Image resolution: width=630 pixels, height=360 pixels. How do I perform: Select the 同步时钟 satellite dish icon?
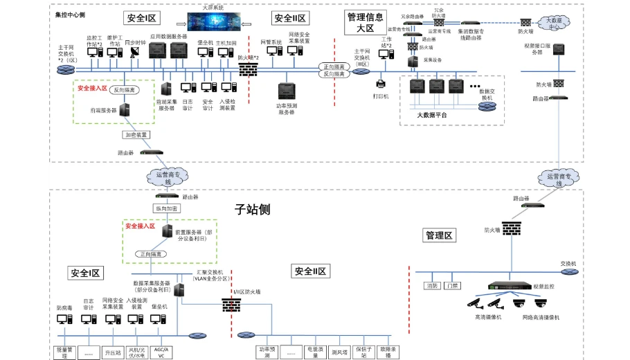click(134, 53)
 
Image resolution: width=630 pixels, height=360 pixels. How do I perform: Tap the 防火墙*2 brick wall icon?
click(248, 69)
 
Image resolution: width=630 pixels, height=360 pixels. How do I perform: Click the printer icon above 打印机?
click(381, 85)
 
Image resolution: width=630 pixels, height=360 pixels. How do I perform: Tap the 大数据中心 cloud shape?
click(554, 23)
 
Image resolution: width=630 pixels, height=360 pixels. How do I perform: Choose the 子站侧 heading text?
click(252, 209)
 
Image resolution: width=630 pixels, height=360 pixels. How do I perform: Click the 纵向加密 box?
click(166, 208)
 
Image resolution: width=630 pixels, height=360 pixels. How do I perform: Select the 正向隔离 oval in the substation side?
click(152, 254)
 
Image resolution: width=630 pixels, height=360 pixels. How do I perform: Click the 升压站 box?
click(113, 352)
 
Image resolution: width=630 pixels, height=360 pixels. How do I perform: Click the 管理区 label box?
click(439, 236)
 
